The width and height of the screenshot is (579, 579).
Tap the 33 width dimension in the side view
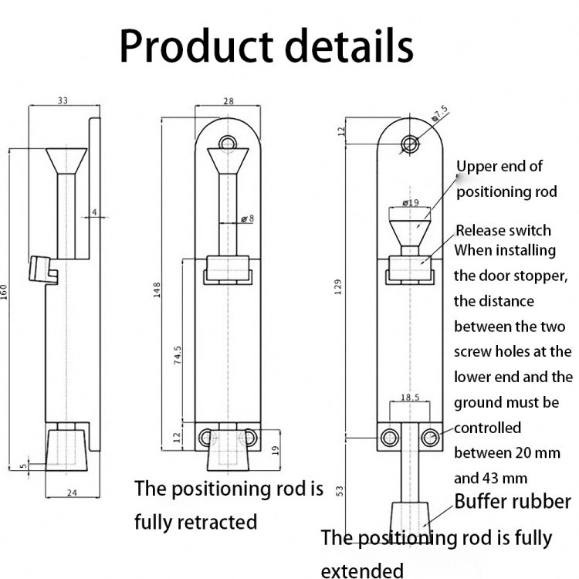coord(63,100)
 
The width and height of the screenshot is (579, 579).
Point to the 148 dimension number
coord(157,289)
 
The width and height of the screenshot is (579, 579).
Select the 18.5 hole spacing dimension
coord(410,398)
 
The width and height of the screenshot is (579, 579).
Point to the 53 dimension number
coord(340,492)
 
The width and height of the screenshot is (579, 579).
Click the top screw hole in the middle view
coord(228,144)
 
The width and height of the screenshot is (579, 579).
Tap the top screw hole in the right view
coord(410,143)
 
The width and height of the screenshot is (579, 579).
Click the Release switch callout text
coord(503,230)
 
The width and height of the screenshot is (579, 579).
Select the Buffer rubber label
coord(513,501)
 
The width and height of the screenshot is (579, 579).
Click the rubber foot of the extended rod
coord(410,518)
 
